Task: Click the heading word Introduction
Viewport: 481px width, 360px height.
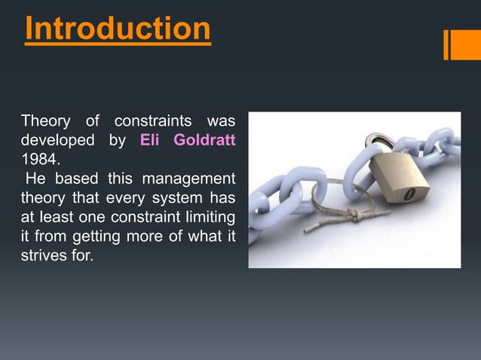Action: (x=118, y=29)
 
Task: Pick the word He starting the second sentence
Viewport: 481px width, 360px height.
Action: (x=35, y=179)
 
